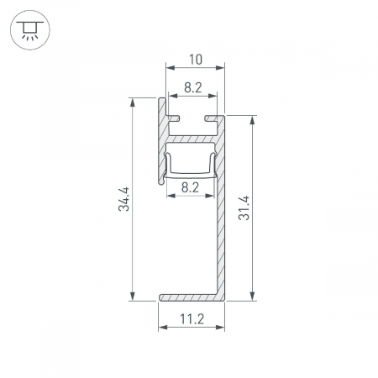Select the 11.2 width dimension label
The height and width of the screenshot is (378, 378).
[x=192, y=318]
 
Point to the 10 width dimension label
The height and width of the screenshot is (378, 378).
[x=196, y=60]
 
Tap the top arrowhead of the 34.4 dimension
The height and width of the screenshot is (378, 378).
[x=132, y=102]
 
